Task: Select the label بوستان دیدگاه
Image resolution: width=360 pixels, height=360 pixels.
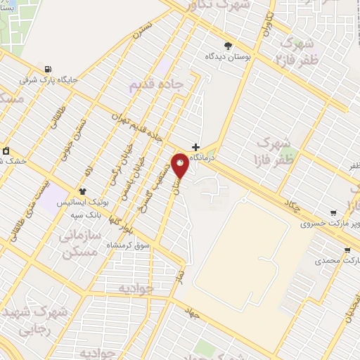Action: tap(228, 55)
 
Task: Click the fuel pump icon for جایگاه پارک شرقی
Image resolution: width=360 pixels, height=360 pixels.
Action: tap(48, 69)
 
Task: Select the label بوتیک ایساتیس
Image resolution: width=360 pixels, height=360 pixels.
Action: tap(82, 202)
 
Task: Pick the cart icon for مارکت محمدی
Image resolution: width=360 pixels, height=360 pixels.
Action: tap(347, 250)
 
